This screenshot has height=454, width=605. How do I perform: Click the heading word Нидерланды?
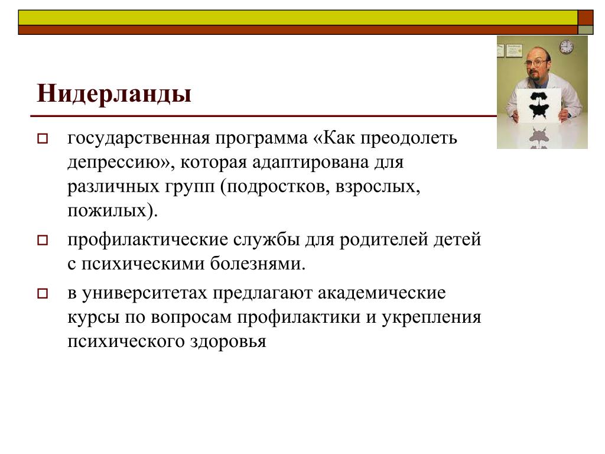coord(114,94)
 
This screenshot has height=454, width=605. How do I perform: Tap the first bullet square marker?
coord(43,138)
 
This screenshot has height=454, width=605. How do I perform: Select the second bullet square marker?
coord(43,240)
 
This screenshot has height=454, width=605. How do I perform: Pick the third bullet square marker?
coord(43,294)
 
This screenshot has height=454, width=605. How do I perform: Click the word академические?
coord(382,293)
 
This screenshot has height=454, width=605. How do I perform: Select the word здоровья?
coord(227,342)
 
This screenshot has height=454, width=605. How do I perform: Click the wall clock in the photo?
coord(566,47)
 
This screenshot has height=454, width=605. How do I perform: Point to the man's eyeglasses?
coord(535,63)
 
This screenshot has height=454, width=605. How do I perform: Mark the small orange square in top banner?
coord(586,18)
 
